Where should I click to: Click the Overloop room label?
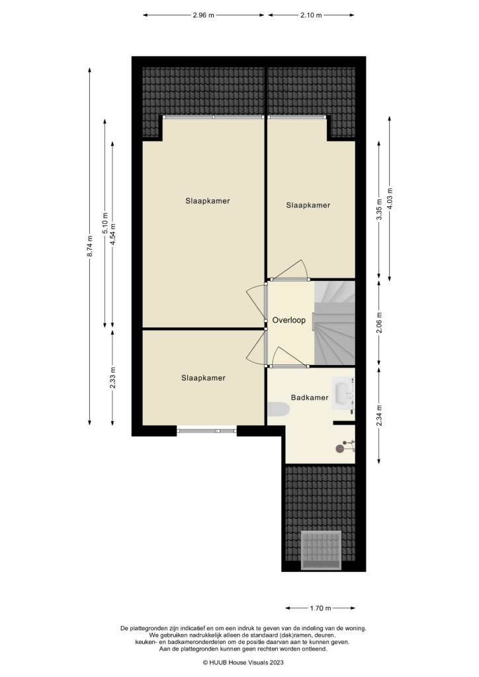[x=288, y=321]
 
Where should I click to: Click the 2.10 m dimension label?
[x=311, y=14]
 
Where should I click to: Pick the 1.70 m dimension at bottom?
[x=320, y=608]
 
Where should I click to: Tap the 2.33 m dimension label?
[x=112, y=378]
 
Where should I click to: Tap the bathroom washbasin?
[x=344, y=393]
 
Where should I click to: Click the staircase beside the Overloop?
[x=335, y=323]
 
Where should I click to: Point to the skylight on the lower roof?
[x=320, y=549]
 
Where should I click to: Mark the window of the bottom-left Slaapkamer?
[x=206, y=430]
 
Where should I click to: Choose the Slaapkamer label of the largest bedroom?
[x=208, y=201]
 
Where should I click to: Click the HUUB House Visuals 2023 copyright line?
[x=239, y=661]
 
